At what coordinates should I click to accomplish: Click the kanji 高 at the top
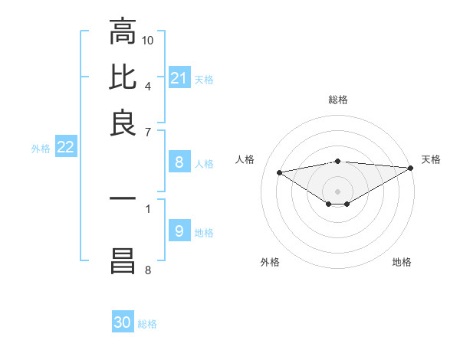[123, 32]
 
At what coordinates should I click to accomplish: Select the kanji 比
[123, 78]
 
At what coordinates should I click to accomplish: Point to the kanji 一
[123, 198]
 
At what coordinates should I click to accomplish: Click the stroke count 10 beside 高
[148, 39]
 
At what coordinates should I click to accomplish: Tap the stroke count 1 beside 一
[148, 208]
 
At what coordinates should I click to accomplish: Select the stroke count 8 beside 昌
[148, 269]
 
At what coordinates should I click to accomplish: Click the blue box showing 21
[179, 78]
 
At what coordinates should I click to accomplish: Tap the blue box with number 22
[65, 148]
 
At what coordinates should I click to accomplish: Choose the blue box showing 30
[123, 322]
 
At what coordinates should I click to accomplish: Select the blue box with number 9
[179, 231]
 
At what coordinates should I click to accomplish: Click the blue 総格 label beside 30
[147, 324]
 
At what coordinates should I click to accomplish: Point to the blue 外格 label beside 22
[41, 149]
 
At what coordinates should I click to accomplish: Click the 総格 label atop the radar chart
[338, 100]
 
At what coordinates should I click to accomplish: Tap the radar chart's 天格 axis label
[431, 159]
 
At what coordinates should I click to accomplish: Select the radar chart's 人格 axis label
[245, 159]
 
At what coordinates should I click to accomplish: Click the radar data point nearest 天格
[412, 168]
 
